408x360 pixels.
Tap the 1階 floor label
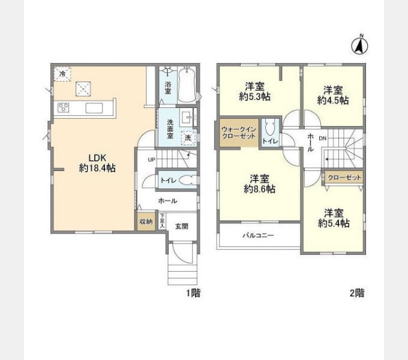[x=193, y=293]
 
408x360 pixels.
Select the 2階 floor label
[x=356, y=293]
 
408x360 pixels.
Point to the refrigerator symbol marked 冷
[x=63, y=73]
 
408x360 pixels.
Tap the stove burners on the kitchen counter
[x=64, y=108]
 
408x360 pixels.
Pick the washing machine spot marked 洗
[x=188, y=137]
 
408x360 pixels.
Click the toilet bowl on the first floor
[x=185, y=180]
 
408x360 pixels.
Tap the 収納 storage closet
[x=146, y=221]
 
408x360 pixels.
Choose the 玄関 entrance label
[x=181, y=226]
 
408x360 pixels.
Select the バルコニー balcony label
[x=258, y=236]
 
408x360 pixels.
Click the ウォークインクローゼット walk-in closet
[x=238, y=133]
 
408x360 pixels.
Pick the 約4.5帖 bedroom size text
[x=333, y=101]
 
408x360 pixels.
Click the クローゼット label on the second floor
[x=345, y=177]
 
